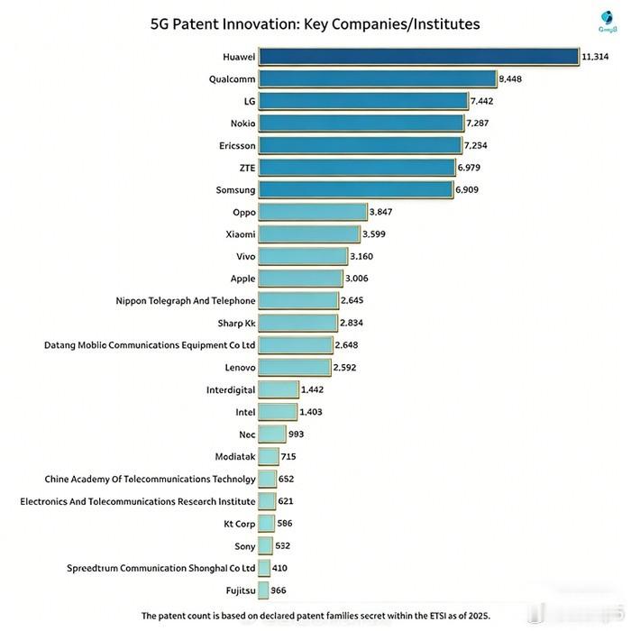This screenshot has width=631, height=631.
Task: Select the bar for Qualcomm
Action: click(377, 78)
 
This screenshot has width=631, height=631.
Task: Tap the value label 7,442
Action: click(482, 101)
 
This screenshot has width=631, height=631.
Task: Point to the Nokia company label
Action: click(242, 123)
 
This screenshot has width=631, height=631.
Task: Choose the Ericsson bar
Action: click(360, 145)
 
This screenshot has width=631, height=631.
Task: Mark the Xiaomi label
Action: click(241, 234)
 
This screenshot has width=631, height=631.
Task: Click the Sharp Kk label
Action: click(237, 323)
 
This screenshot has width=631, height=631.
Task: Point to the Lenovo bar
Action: click(294, 368)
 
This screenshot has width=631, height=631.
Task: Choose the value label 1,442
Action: click(311, 389)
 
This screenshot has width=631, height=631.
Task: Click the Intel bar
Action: click(277, 412)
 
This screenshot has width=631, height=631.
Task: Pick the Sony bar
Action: click(265, 545)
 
